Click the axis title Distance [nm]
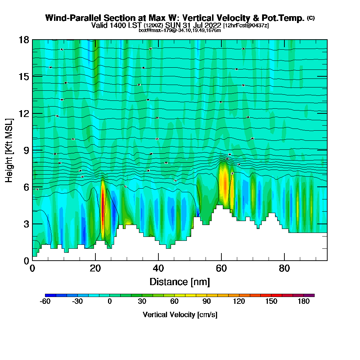tap(180, 282)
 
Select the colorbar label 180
tap(304, 302)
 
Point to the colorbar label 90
tap(207, 302)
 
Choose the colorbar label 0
tap(109, 302)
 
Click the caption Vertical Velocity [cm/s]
tap(180, 315)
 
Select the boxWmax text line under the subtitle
tap(180, 30)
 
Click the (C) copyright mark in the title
tap(311, 18)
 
